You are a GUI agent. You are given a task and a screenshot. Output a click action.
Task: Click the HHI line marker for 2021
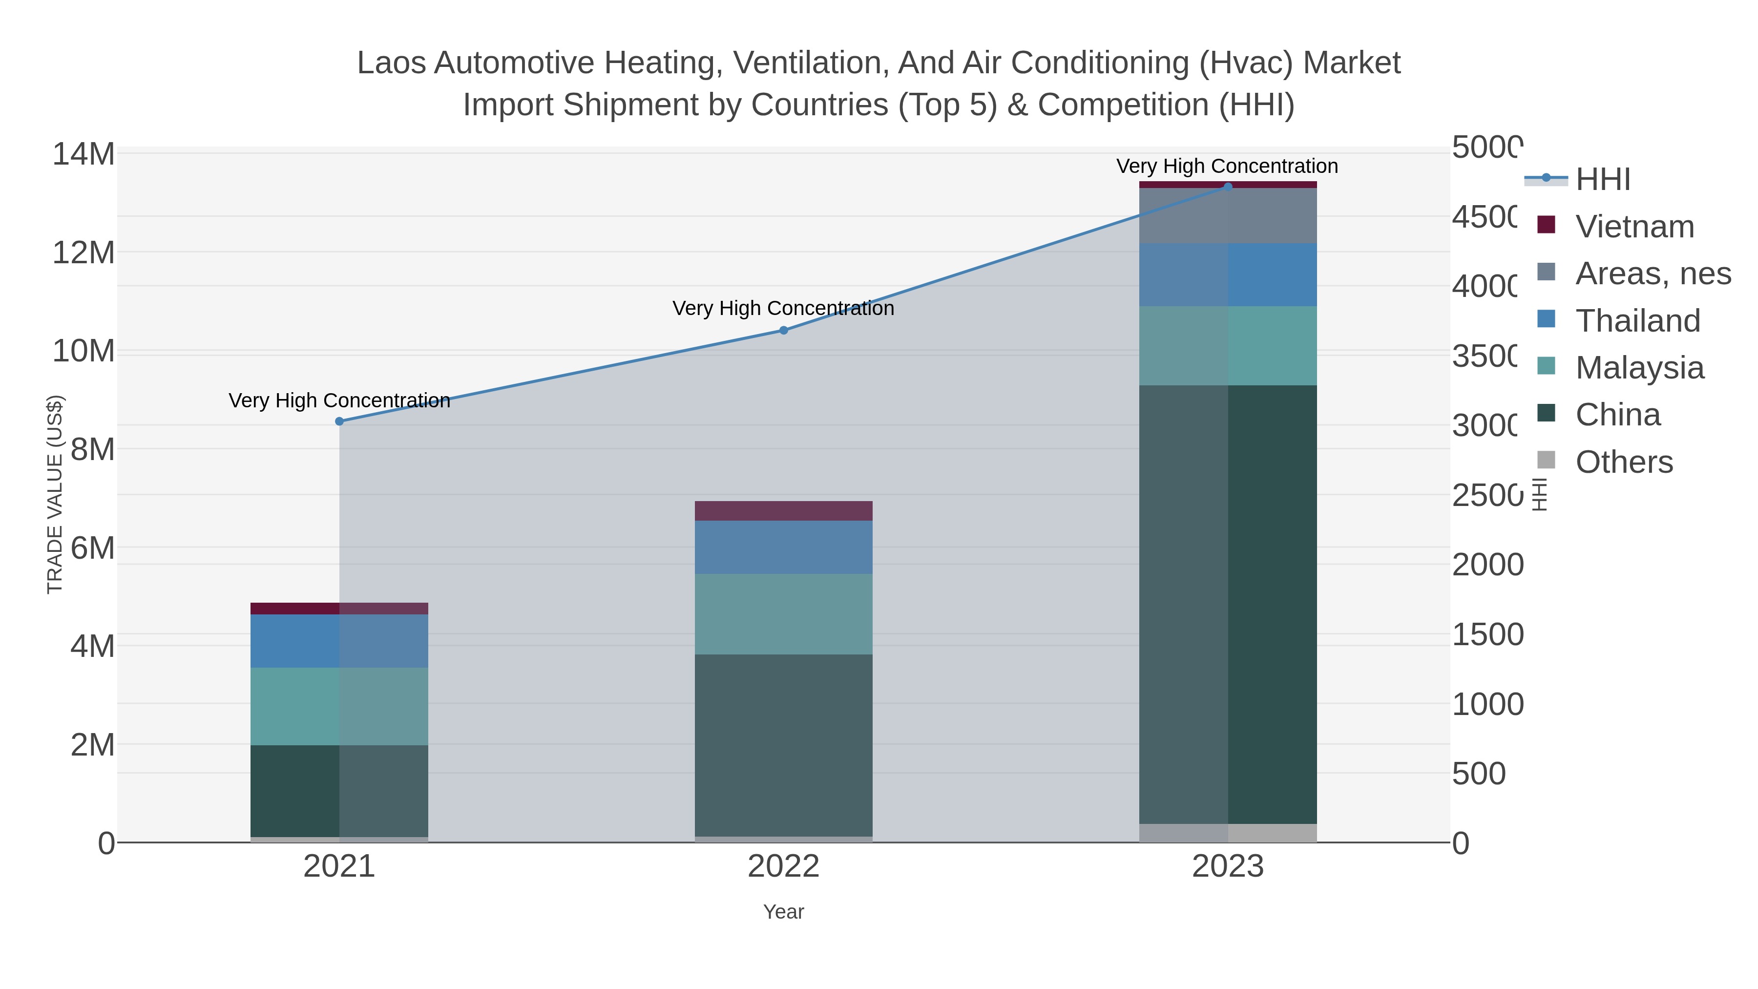tap(339, 421)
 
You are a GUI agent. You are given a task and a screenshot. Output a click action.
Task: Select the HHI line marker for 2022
tap(783, 330)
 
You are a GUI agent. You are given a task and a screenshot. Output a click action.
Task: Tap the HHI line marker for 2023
tap(1228, 187)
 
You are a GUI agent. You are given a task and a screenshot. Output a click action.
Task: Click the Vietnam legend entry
tap(1634, 227)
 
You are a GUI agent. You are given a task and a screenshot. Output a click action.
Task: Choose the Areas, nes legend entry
tap(1652, 274)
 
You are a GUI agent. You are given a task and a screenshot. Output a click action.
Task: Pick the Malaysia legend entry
tap(1639, 368)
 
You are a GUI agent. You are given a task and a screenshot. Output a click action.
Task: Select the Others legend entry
tap(1624, 462)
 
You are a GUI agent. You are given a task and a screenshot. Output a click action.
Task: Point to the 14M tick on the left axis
tap(83, 154)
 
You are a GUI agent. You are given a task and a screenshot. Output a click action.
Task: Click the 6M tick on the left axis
tap(92, 548)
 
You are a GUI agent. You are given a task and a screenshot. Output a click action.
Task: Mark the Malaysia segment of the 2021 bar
tap(339, 706)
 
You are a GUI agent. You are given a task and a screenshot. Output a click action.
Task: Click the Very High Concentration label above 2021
tap(339, 400)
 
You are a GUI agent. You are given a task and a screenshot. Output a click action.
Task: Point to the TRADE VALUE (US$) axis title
tap(55, 494)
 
